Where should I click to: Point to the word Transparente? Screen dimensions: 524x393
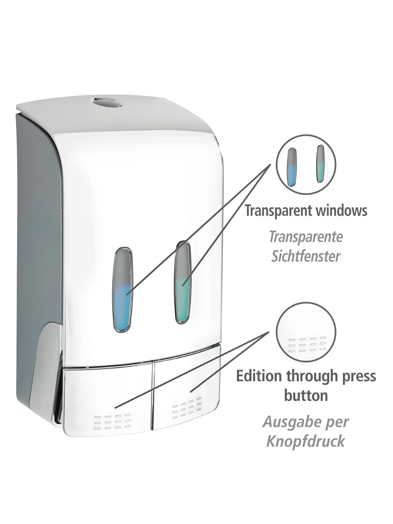click(x=306, y=237)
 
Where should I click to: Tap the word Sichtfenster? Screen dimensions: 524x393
click(x=306, y=256)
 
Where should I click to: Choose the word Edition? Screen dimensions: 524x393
click(x=259, y=376)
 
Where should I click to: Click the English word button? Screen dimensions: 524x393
click(x=306, y=396)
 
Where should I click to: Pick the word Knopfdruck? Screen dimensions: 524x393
click(x=306, y=441)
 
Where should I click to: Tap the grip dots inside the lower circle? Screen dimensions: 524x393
click(x=306, y=344)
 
